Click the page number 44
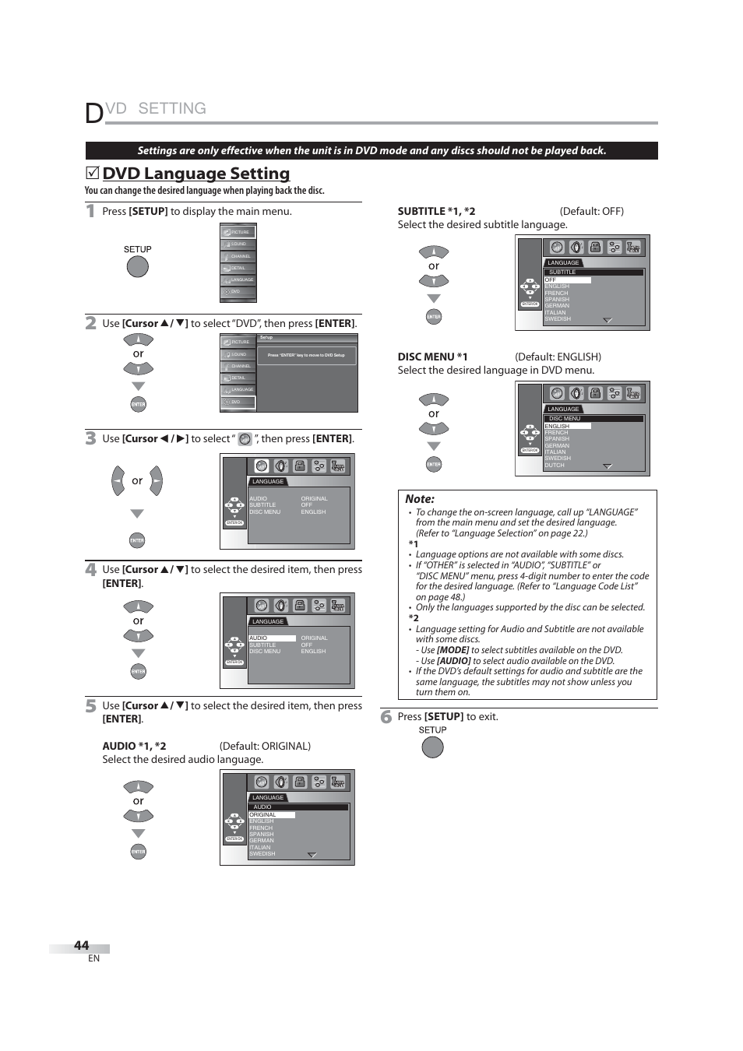tap(81, 945)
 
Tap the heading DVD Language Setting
tap(195, 174)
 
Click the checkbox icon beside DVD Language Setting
tap(92, 173)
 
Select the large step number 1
tap(90, 211)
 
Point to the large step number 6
tap(386, 716)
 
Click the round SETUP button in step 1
tap(137, 267)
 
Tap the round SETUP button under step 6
tap(432, 747)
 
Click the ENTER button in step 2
tap(138, 404)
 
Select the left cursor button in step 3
tap(118, 481)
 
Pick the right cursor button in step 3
tap(156, 481)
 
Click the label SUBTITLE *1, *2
tap(436, 211)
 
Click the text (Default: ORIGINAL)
tap(265, 746)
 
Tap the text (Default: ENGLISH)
tap(558, 357)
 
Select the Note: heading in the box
tap(420, 499)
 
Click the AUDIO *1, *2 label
tap(134, 746)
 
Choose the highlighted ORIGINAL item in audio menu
tap(263, 815)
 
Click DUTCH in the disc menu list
tap(554, 465)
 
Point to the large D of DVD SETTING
tap(93, 113)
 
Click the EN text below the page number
tap(93, 958)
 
